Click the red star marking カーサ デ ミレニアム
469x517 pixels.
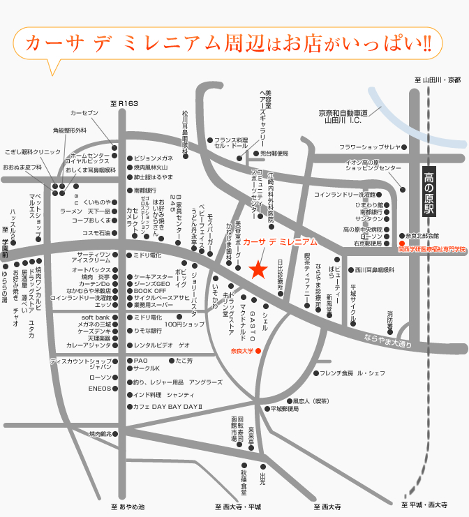click(258, 270)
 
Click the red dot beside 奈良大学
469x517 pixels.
click(258, 350)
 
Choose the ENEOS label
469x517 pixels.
click(99, 389)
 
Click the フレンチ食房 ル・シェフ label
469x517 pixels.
click(352, 373)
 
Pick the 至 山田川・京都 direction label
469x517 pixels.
click(438, 80)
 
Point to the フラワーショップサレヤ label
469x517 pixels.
click(370, 147)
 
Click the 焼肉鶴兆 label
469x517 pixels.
click(100, 433)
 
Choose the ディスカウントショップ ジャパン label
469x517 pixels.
click(81, 364)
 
